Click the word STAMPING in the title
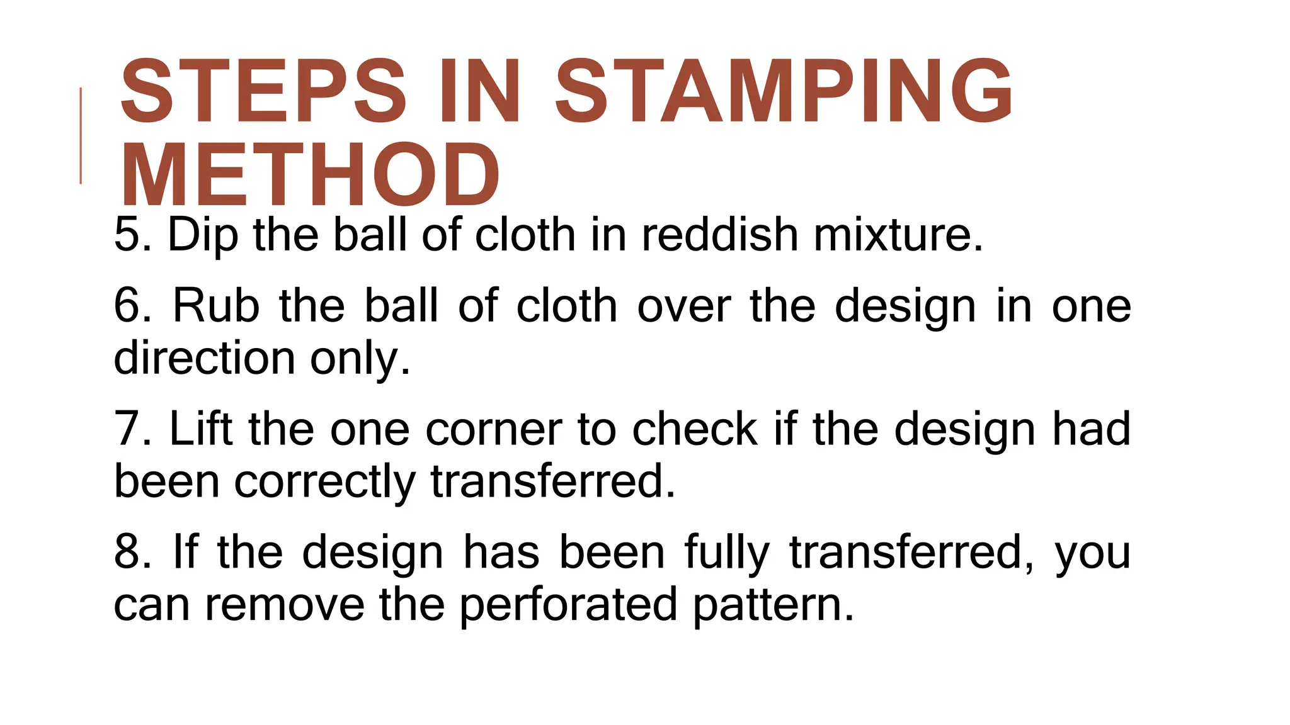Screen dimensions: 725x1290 784,92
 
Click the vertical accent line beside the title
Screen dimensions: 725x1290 81,135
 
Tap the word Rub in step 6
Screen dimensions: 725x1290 216,306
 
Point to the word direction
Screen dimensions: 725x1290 204,358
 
